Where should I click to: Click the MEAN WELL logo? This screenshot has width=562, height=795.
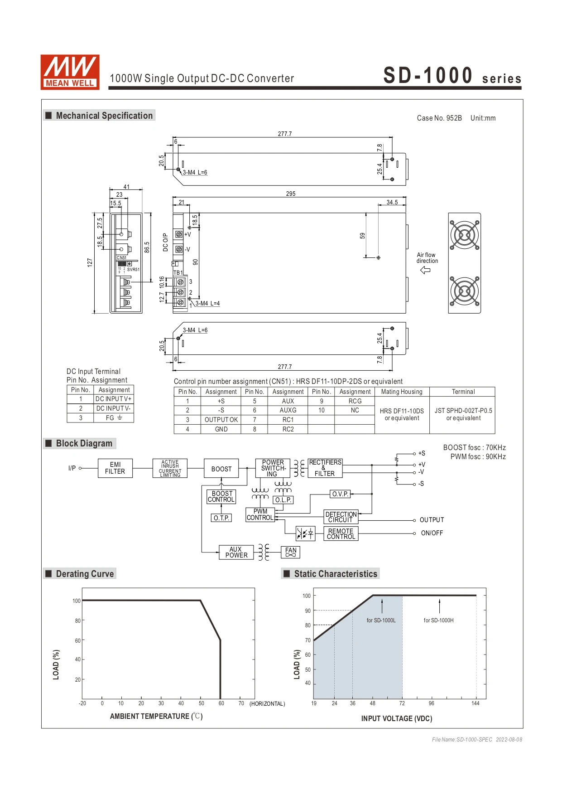pyautogui.click(x=70, y=72)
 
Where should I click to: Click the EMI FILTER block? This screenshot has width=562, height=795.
pyautogui.click(x=115, y=468)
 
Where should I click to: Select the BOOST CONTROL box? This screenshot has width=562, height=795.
pyautogui.click(x=221, y=497)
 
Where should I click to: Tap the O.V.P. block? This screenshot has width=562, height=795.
pyautogui.click(x=340, y=494)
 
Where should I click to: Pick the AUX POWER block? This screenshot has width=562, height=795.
pyautogui.click(x=236, y=552)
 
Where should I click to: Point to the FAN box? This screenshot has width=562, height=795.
pyautogui.click(x=291, y=552)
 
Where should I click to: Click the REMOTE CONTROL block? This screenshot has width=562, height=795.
pyautogui.click(x=341, y=534)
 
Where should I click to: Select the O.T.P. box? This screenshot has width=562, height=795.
pyautogui.click(x=221, y=518)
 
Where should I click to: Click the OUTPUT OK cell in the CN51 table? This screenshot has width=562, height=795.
pyautogui.click(x=221, y=420)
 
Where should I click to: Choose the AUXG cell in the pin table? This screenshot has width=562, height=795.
pyautogui.click(x=288, y=410)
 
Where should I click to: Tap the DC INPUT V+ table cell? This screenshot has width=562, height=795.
pyautogui.click(x=113, y=399)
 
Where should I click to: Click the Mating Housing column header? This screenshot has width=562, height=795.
pyautogui.click(x=402, y=392)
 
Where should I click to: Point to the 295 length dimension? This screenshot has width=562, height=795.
pyautogui.click(x=291, y=194)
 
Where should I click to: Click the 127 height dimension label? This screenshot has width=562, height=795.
pyautogui.click(x=90, y=262)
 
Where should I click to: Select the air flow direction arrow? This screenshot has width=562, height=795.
pyautogui.click(x=425, y=270)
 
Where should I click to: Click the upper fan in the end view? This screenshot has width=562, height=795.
pyautogui.click(x=464, y=235)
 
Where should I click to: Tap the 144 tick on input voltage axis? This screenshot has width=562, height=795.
pyautogui.click(x=476, y=703)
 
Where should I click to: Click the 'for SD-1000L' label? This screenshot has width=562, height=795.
pyautogui.click(x=381, y=620)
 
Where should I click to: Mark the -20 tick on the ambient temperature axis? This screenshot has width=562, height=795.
pyautogui.click(x=82, y=703)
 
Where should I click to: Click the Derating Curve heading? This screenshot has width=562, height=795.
pyautogui.click(x=85, y=574)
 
